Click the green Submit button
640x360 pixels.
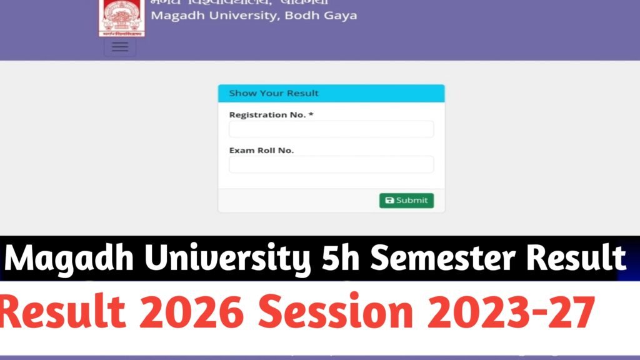pyautogui.click(x=406, y=201)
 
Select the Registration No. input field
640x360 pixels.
pyautogui.click(x=331, y=129)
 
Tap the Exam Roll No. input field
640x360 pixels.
pyautogui.click(x=331, y=164)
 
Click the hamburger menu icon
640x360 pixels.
pyautogui.click(x=120, y=47)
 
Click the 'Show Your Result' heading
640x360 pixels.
pyautogui.click(x=274, y=93)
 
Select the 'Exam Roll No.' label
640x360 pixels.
pyautogui.click(x=261, y=150)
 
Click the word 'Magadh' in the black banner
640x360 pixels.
pyautogui.click(x=70, y=258)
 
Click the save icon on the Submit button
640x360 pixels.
pyautogui.click(x=389, y=201)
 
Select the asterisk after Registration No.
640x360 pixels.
pyautogui.click(x=311, y=114)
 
